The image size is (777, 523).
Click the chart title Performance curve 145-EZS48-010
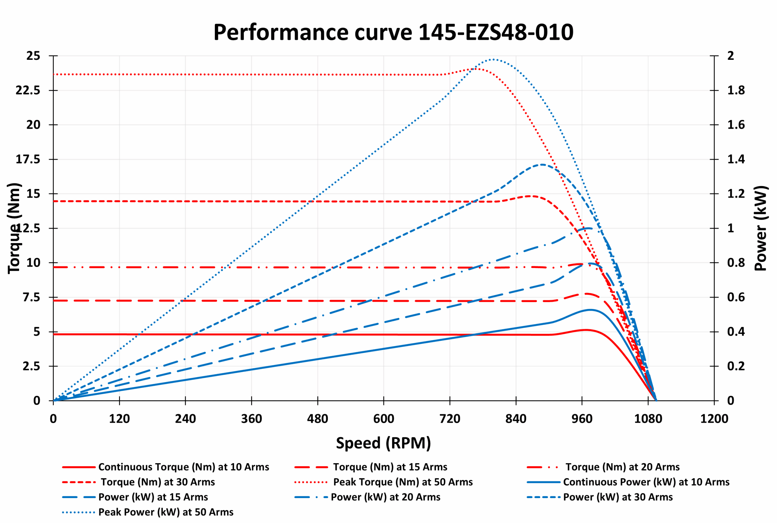pyautogui.click(x=393, y=32)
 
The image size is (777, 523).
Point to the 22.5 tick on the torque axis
pyautogui.click(x=28, y=90)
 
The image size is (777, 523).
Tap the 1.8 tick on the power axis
pyautogui.click(x=736, y=90)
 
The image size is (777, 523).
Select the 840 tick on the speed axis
pyautogui.click(x=516, y=419)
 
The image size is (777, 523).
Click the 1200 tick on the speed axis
pyautogui.click(x=714, y=419)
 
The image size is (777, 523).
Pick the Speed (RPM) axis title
pyautogui.click(x=383, y=443)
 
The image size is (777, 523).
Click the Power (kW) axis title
pyautogui.click(x=761, y=228)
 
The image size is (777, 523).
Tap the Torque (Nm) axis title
pyautogui.click(x=14, y=228)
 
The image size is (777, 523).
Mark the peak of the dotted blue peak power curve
pyautogui.click(x=493, y=59)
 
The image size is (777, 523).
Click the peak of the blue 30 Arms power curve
pyautogui.click(x=542, y=165)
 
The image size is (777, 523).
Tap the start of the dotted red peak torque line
pyautogui.click(x=54, y=74)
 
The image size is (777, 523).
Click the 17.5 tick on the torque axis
pyautogui.click(x=28, y=159)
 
